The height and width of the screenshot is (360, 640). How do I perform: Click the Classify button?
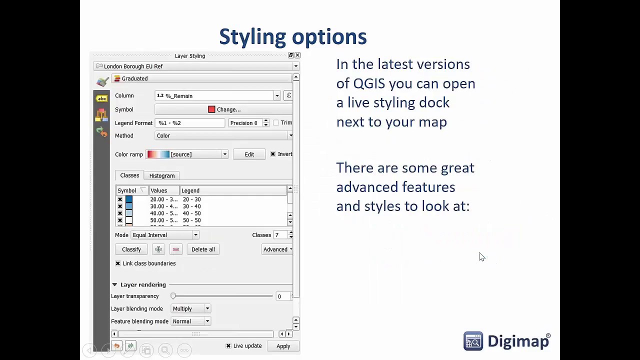pyautogui.click(x=131, y=249)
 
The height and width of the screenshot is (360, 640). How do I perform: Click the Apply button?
pyautogui.click(x=283, y=346)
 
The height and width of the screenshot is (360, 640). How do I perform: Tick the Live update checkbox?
pyautogui.click(x=228, y=346)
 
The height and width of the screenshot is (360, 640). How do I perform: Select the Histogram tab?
pyautogui.click(x=161, y=175)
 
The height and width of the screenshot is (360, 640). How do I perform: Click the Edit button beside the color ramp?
pyautogui.click(x=249, y=154)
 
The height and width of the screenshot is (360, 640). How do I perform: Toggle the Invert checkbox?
pyautogui.click(x=273, y=154)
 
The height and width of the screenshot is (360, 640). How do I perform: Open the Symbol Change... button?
pyautogui.click(x=224, y=109)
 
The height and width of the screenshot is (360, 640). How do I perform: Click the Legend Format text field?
pyautogui.click(x=190, y=123)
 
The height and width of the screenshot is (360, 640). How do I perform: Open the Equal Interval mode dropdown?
pyautogui.click(x=165, y=235)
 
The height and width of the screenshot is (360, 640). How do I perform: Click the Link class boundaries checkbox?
pyautogui.click(x=118, y=263)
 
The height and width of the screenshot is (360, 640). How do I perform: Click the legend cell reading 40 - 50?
pyautogui.click(x=191, y=213)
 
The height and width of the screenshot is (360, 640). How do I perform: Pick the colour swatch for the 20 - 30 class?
pyautogui.click(x=129, y=199)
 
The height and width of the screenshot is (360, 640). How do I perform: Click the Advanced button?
pyautogui.click(x=277, y=249)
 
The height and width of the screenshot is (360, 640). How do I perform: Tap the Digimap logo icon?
pyautogui.click(x=473, y=341)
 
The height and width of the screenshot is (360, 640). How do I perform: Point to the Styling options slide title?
pyautogui.click(x=293, y=37)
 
